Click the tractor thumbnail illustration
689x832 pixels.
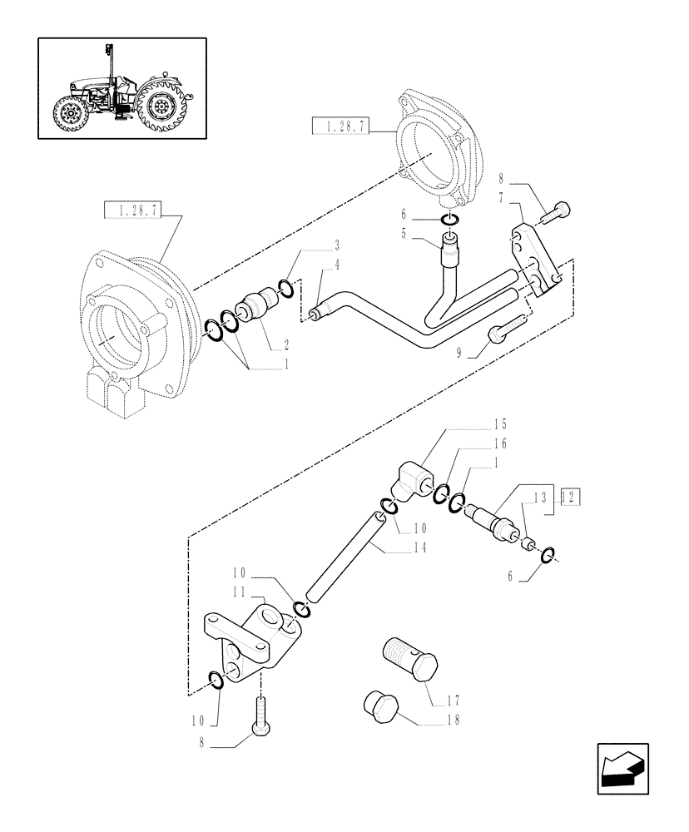[121, 87]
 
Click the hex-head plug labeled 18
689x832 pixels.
[379, 706]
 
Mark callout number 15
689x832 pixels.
[499, 423]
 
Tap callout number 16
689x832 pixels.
[499, 444]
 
